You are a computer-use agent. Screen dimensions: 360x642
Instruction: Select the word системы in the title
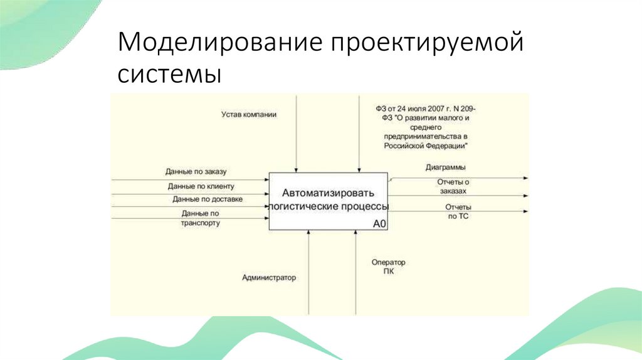[x=169, y=75]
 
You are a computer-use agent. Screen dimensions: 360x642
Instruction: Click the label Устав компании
[x=248, y=115]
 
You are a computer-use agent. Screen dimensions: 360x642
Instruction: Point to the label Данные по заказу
[x=200, y=171]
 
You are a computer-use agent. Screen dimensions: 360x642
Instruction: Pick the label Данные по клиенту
[x=201, y=186]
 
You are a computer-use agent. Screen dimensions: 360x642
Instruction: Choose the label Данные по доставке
[x=208, y=199]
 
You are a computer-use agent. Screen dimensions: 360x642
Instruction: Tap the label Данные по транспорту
[x=201, y=218]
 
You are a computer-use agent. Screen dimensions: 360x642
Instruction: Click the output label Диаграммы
[x=445, y=167]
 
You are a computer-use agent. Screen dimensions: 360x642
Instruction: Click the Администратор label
[x=268, y=277]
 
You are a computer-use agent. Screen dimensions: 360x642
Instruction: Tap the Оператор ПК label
[x=388, y=266]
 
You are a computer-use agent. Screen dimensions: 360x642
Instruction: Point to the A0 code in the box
[x=379, y=223]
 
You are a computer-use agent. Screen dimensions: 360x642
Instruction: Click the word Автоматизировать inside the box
[x=328, y=193]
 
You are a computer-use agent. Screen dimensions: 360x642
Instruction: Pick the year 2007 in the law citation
[x=429, y=108]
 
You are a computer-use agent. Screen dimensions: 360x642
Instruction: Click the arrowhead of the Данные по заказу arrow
[x=266, y=179]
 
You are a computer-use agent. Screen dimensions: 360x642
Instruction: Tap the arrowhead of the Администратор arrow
[x=308, y=233]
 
